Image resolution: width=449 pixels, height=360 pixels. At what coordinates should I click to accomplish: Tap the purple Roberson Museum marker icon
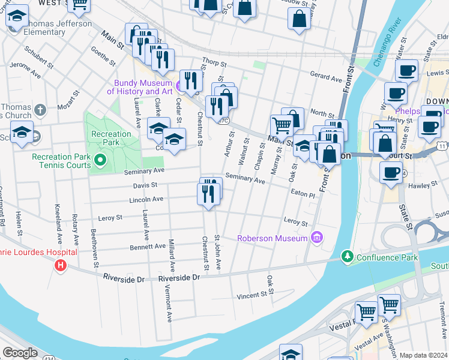tap(316, 238)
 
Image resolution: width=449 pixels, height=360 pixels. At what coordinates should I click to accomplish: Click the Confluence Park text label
tap(384, 257)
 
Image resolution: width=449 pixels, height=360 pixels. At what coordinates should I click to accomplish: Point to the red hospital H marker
tap(60, 265)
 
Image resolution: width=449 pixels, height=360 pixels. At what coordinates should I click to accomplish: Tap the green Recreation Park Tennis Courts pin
tap(100, 161)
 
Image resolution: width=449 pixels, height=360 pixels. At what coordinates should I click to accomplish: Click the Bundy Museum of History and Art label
tap(140, 87)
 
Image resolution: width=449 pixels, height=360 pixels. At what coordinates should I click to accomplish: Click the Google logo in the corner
tap(20, 353)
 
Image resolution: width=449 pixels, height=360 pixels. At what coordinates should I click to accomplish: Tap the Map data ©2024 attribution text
tap(423, 355)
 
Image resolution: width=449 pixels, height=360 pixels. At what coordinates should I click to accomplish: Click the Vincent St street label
tap(251, 295)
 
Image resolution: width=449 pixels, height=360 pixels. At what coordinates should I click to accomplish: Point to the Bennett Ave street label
tap(148, 246)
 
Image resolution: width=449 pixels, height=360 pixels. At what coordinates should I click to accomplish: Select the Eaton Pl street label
tap(303, 194)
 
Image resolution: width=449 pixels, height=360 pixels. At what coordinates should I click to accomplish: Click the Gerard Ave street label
tap(325, 77)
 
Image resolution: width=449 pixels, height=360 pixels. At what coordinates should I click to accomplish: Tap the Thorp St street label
tap(214, 62)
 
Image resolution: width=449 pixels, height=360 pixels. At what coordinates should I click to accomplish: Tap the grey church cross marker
tap(40, 110)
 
